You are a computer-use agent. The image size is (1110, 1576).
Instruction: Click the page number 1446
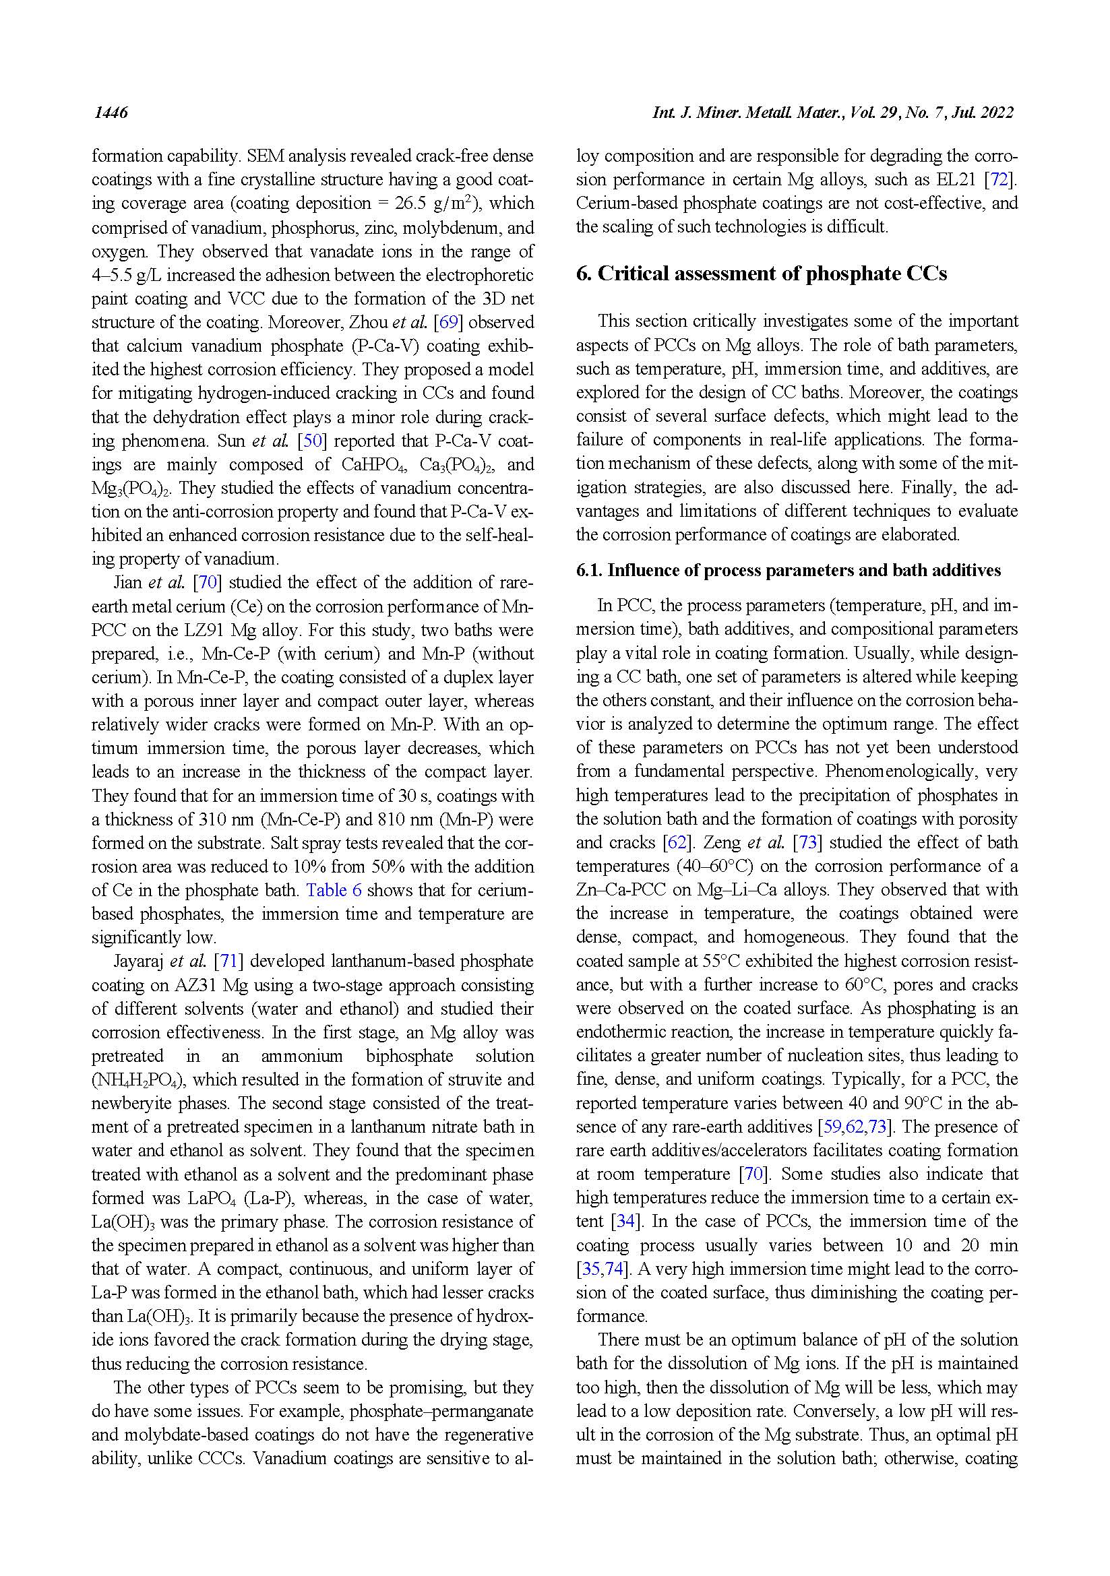pyautogui.click(x=111, y=113)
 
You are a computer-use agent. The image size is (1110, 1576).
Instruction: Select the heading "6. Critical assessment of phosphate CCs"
pyautogui.click(x=761, y=274)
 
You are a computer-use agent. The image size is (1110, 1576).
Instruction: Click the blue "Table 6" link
pyautogui.click(x=334, y=890)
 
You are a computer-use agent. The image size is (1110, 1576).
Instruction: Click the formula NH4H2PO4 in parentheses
pyautogui.click(x=137, y=1080)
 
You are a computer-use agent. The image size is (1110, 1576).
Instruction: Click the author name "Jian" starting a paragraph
pyautogui.click(x=128, y=583)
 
